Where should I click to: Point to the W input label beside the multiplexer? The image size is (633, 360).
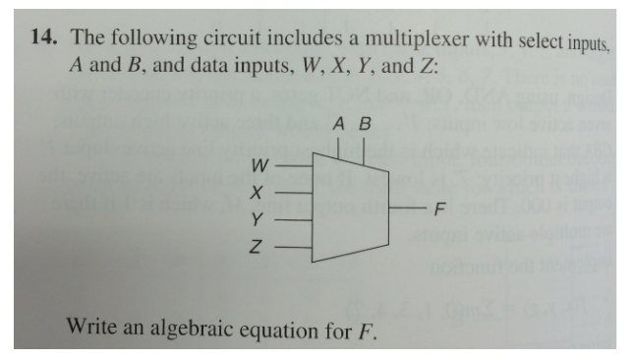point(259,163)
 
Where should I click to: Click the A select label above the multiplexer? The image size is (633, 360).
point(339,125)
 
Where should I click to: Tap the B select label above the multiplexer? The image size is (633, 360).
point(366,125)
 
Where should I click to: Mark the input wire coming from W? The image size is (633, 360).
point(295,164)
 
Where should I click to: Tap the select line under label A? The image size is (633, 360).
point(340,148)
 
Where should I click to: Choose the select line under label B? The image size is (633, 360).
point(366,150)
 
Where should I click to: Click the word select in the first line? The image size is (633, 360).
point(532,40)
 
